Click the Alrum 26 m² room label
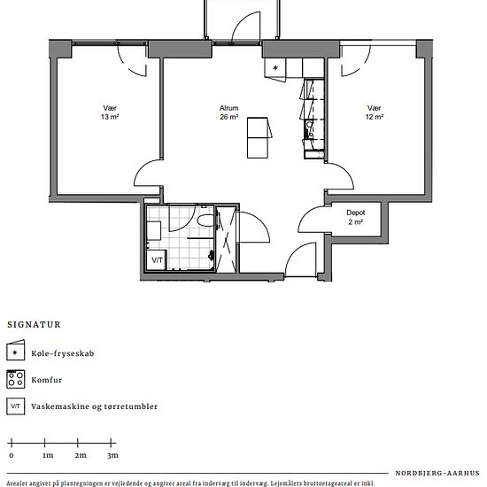coord(229,112)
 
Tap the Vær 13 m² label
coord(110,112)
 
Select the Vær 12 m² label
coord(375,112)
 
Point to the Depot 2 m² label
coord(356,217)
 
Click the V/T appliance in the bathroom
coord(157,259)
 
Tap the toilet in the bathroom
coord(206,220)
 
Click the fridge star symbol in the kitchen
coord(275,67)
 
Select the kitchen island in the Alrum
coord(258,137)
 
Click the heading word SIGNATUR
coord(35,325)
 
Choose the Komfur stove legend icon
coord(16,379)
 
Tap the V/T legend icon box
coord(16,406)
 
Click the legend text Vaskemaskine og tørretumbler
coord(95,406)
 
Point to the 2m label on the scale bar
coord(81,455)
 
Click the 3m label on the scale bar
coord(113,455)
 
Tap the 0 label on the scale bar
coord(12,456)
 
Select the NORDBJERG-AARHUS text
coord(437,474)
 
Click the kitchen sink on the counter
coord(309,125)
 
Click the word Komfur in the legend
coord(47,380)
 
